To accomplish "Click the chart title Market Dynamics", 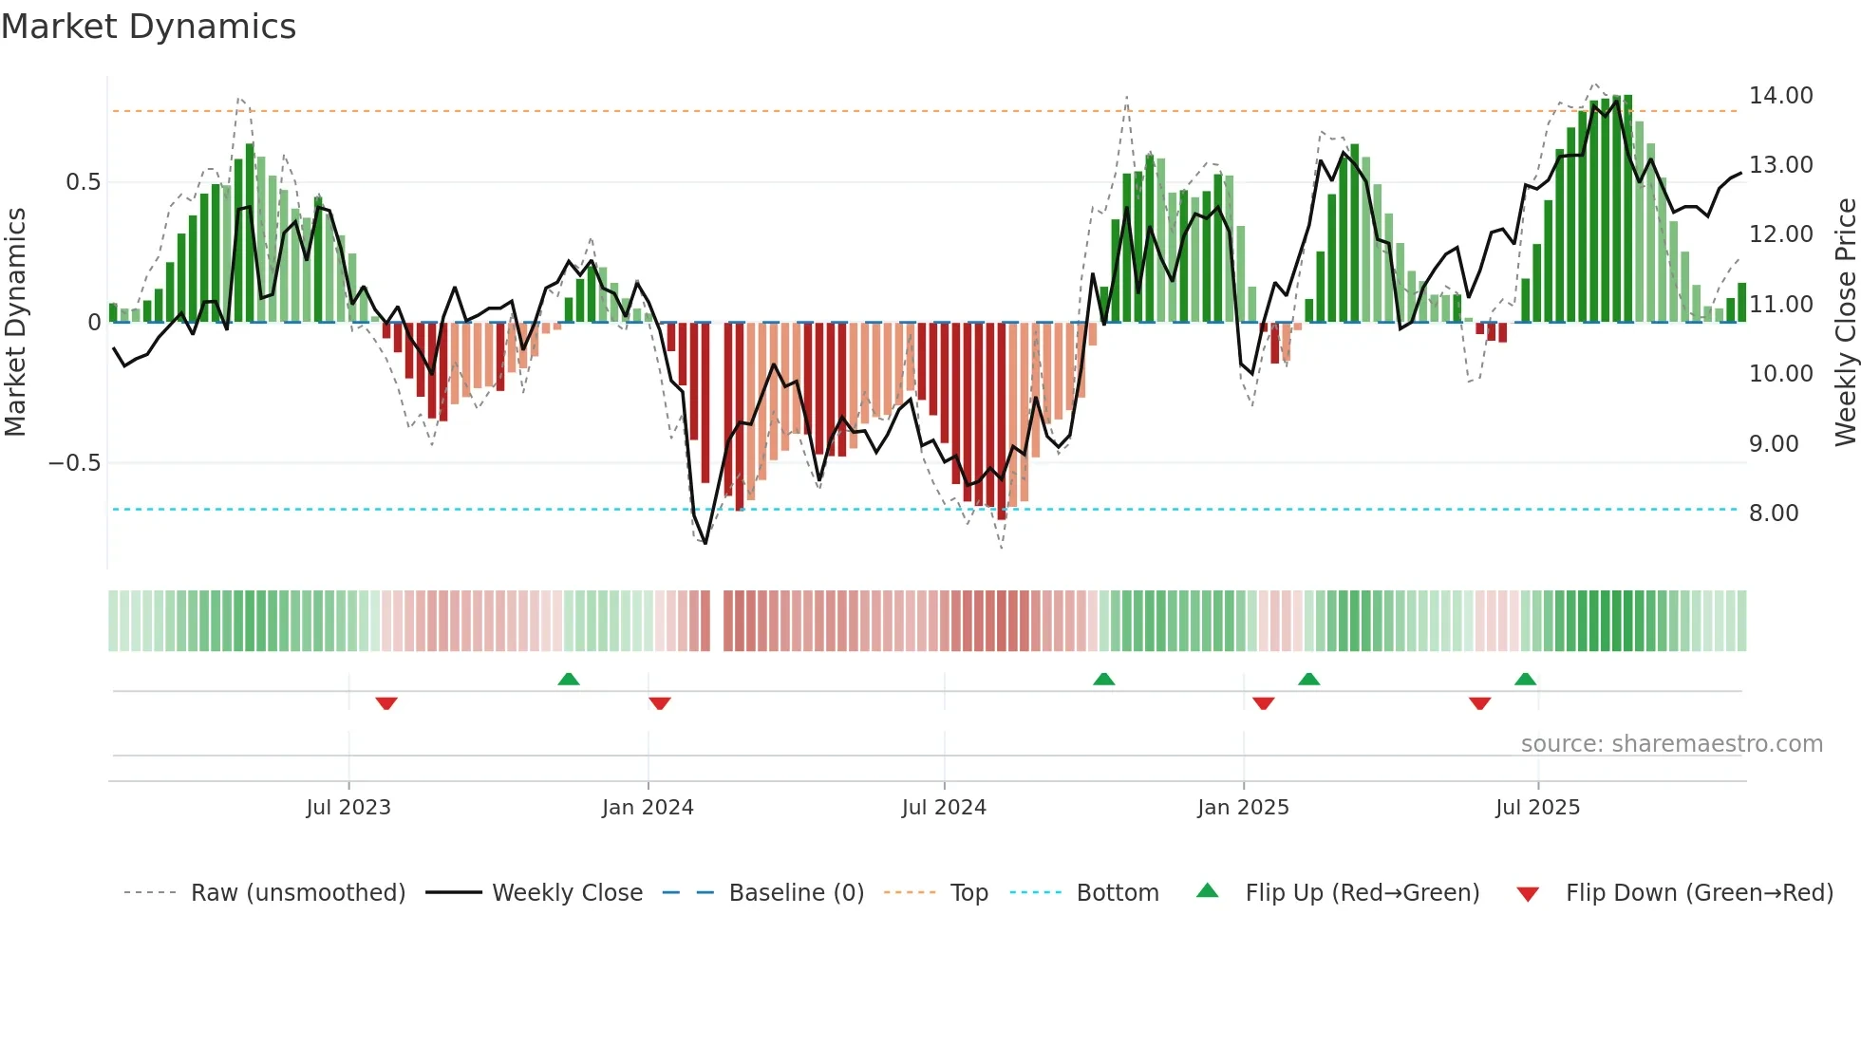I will (149, 27).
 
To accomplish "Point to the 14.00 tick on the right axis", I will (1780, 96).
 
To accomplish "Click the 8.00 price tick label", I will (1774, 514).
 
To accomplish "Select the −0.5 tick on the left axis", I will (74, 463).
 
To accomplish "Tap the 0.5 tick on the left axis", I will (83, 182).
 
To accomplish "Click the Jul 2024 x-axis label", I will (943, 808).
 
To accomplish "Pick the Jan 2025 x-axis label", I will (1242, 808).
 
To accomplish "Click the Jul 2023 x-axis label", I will (348, 808).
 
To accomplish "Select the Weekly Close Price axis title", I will (1845, 322).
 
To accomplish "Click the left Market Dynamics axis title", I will (15, 322).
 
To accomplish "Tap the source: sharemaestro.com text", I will (1671, 744).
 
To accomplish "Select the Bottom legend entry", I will (1117, 893).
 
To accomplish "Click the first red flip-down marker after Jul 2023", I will (385, 703).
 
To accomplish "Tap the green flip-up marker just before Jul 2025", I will (1525, 679).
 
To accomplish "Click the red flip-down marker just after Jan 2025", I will (1263, 703).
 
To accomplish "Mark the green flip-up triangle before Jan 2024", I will (568, 679).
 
